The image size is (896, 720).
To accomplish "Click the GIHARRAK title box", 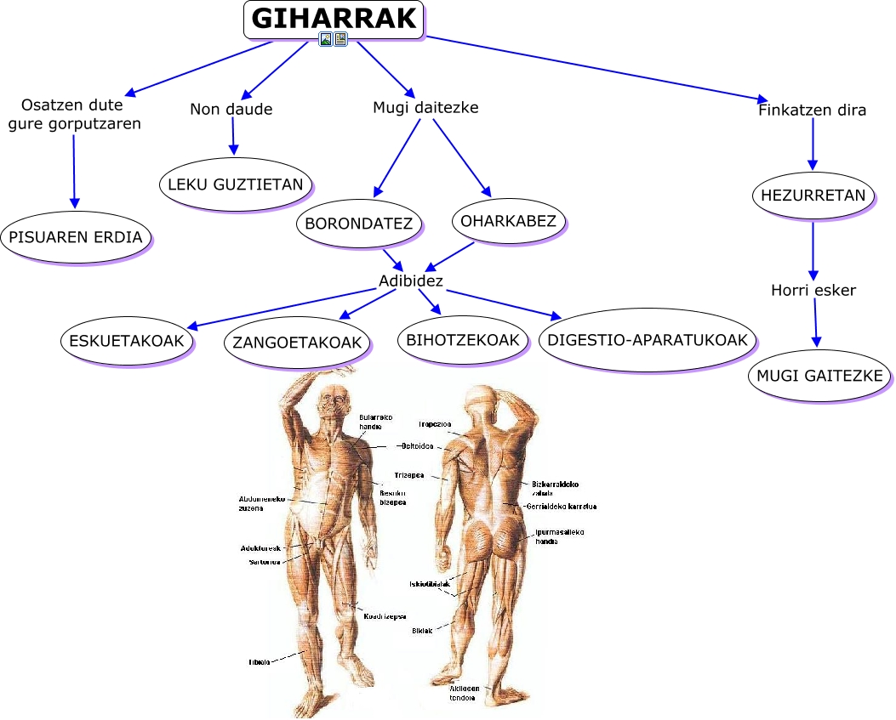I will coord(334,19).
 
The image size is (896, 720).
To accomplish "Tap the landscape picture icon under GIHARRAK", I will coord(325,39).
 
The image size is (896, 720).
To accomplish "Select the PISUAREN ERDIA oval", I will coord(76,236).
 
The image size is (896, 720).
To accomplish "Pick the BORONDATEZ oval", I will coord(358,224).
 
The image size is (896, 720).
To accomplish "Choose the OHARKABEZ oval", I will coord(508,221).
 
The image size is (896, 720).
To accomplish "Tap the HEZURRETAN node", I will coord(813,196).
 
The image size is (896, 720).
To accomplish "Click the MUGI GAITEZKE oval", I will coord(820,375).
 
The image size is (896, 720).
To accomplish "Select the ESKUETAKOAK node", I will coord(127,340).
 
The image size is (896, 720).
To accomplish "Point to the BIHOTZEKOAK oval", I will coord(464,340).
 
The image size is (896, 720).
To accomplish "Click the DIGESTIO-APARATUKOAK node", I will coord(648,340).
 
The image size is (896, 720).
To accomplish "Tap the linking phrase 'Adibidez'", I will coord(411,281).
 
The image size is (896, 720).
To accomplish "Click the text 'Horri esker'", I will coord(813,290).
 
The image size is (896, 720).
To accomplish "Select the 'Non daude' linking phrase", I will coord(231,109).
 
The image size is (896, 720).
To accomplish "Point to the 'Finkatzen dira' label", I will coord(812,110).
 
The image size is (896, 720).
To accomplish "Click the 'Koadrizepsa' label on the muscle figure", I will coord(385,616).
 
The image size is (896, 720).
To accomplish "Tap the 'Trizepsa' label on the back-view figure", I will coord(409,475).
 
